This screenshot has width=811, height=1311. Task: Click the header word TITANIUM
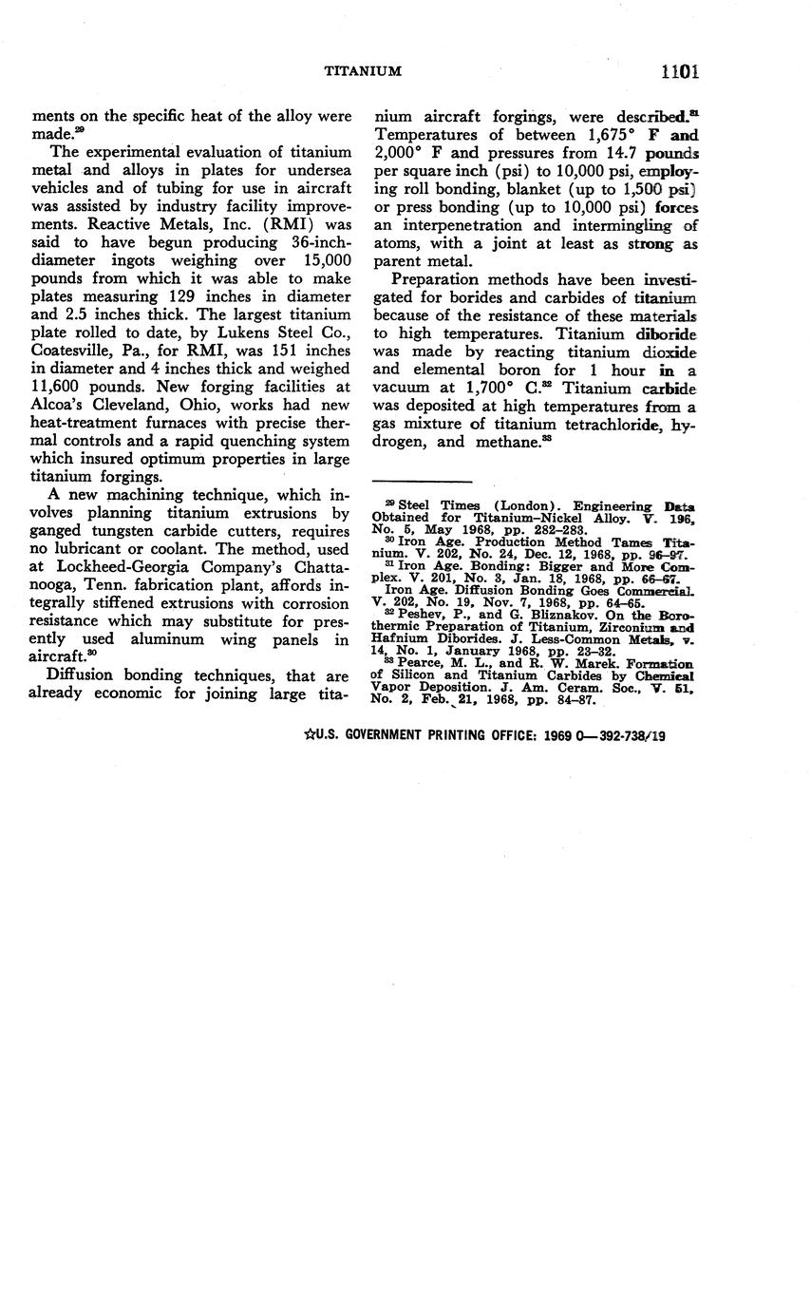coord(363,71)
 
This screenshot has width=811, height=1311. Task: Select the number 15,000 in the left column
coord(319,260)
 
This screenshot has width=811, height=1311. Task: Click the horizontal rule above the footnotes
coord(423,482)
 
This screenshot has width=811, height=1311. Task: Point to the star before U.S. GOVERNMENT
coord(309,734)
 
